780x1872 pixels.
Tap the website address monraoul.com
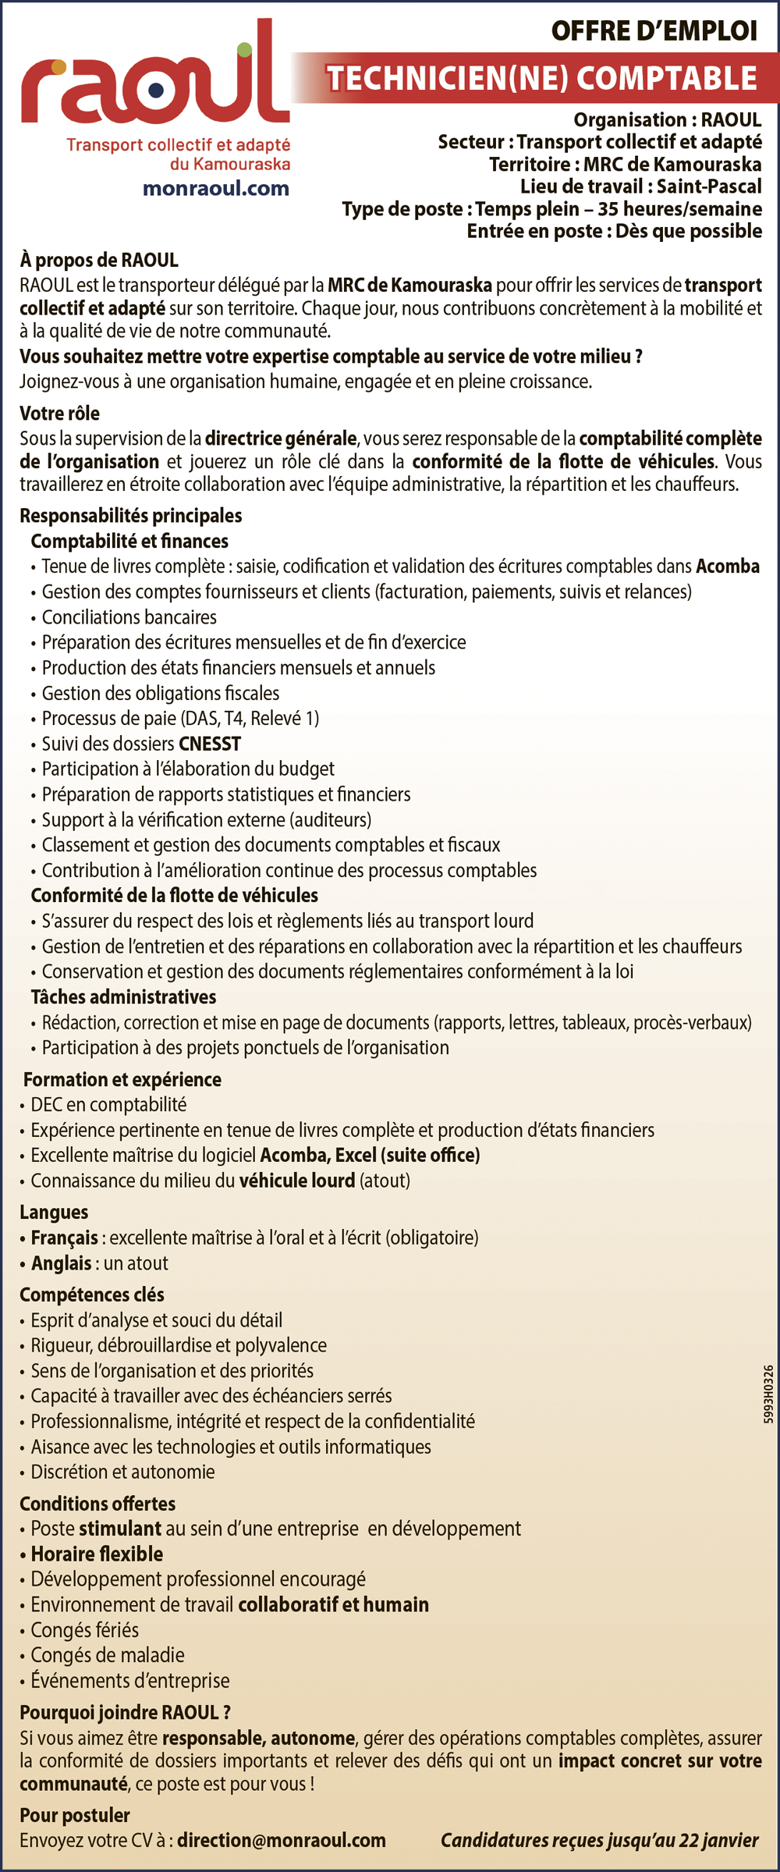point(215,188)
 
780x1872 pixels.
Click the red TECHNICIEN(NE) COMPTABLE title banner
point(541,78)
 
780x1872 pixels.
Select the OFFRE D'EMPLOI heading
point(654,31)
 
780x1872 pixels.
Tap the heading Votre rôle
point(60,413)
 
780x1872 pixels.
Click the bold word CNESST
point(210,744)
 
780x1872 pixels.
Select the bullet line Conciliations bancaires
point(129,617)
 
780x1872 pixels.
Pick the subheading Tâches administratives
point(123,996)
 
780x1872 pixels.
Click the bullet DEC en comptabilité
point(108,1104)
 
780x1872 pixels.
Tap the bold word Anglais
point(62,1263)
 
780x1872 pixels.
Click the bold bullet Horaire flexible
point(97,1554)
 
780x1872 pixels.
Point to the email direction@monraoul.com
point(282,1840)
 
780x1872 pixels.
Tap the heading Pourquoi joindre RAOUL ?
point(125,1712)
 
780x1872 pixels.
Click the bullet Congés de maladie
point(108,1655)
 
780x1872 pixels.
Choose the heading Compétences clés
point(92,1295)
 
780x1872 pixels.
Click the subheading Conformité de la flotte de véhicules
point(175,895)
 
